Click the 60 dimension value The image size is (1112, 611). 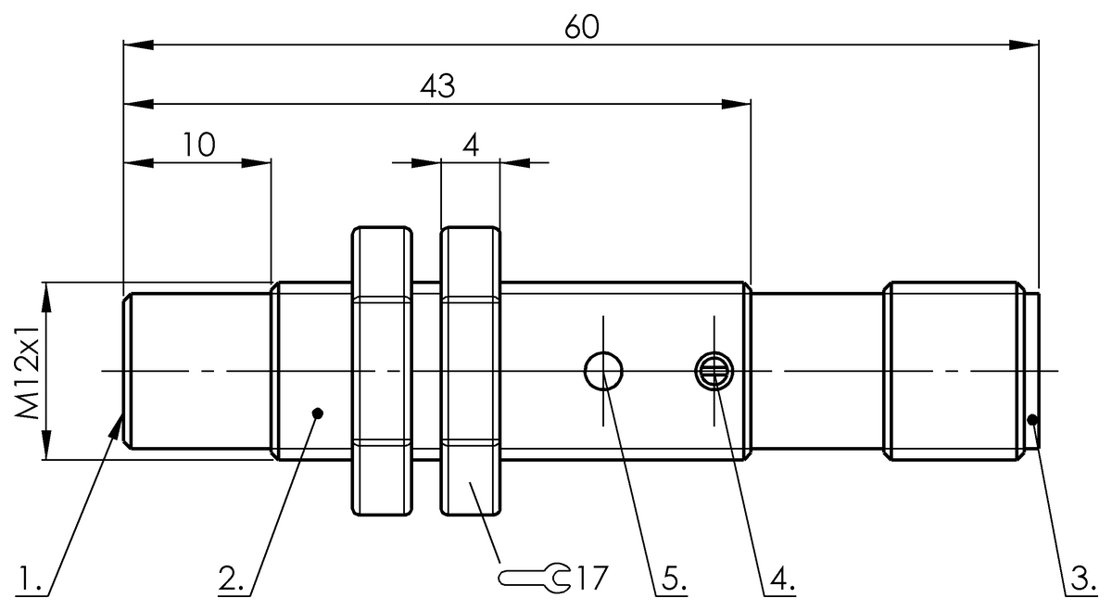click(x=582, y=26)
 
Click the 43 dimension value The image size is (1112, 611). click(x=436, y=86)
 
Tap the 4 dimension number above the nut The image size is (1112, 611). click(x=470, y=146)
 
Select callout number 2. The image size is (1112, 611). click(x=231, y=580)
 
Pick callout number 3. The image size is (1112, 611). click(x=1079, y=580)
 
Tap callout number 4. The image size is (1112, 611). click(x=781, y=580)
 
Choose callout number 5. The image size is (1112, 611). click(x=674, y=580)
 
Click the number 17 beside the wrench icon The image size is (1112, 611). click(x=590, y=579)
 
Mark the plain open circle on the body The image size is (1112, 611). click(x=602, y=372)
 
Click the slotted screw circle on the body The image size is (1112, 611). click(x=714, y=372)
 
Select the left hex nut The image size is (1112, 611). click(x=381, y=371)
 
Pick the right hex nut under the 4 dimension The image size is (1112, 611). click(x=470, y=371)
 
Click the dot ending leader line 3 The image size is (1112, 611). click(x=1033, y=421)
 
